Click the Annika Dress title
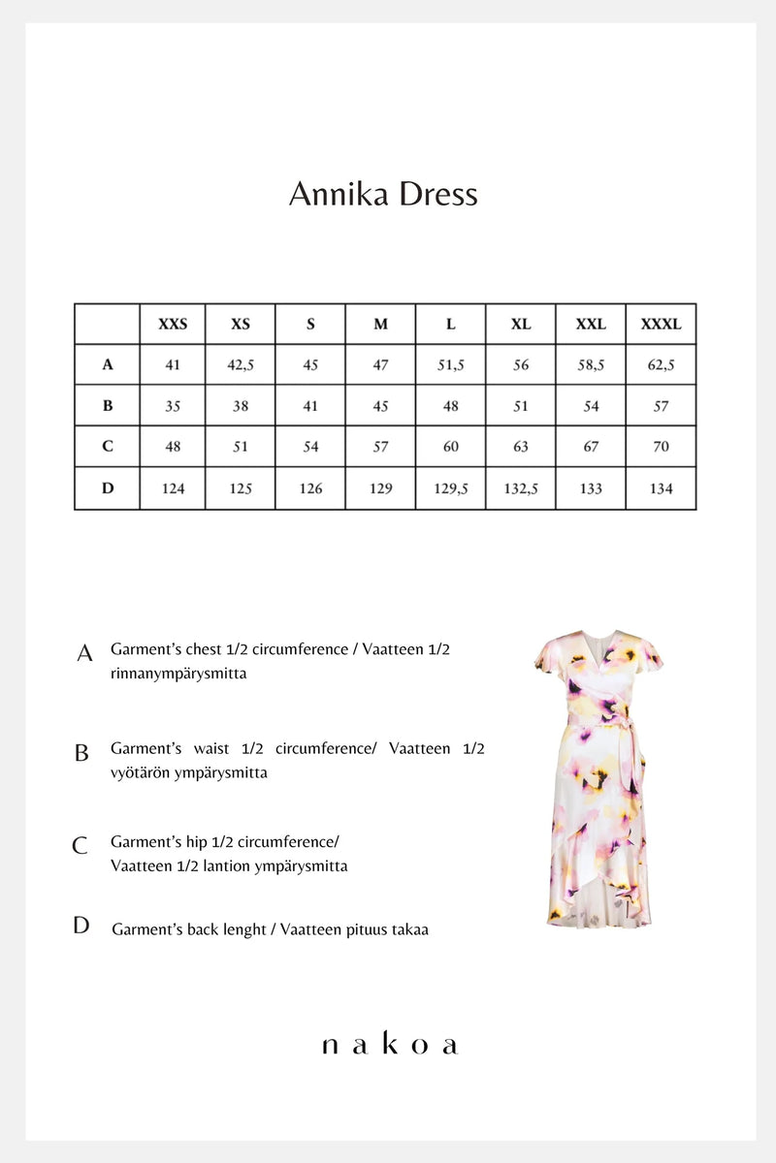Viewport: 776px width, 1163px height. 383,194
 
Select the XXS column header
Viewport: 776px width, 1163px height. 173,325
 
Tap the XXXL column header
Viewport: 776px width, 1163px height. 661,325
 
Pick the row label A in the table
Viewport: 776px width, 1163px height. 108,365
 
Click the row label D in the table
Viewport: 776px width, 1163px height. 108,488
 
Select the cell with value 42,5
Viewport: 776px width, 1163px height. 241,365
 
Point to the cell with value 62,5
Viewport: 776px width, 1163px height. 661,365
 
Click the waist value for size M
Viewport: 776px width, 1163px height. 380,406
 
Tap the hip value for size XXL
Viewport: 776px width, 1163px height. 591,447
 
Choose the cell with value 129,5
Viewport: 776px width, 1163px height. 450,488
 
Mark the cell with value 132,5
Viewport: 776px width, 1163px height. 521,488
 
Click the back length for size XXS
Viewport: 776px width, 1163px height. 173,488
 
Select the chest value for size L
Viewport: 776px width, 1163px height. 450,365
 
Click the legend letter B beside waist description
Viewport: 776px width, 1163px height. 82,753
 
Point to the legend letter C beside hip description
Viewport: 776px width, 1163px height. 81,846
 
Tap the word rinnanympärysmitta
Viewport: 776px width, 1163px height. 178,674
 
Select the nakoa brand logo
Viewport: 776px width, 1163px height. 388,1045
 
